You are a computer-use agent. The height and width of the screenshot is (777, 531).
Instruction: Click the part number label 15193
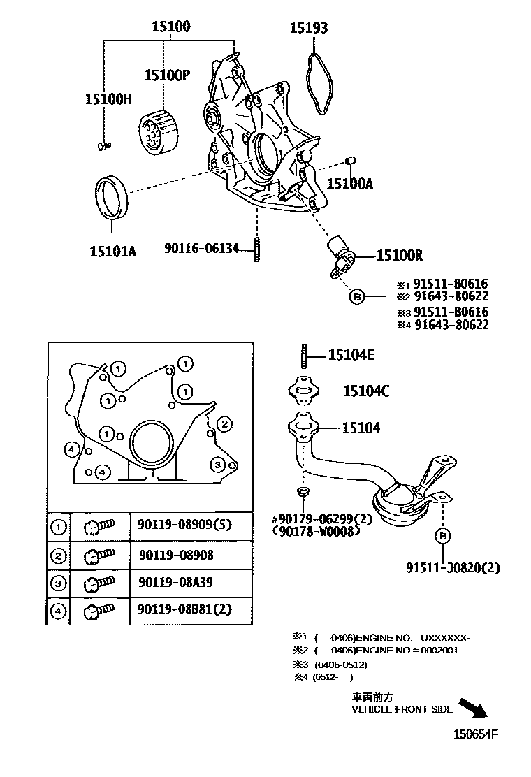[309, 28]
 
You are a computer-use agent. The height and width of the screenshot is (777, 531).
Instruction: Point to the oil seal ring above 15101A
[111, 198]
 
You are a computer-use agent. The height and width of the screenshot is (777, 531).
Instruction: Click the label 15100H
[108, 99]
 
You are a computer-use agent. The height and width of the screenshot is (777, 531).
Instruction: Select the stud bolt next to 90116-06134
[257, 249]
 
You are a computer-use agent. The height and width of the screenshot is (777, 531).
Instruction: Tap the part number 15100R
[400, 256]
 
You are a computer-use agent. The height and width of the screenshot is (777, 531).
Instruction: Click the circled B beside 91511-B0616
[357, 297]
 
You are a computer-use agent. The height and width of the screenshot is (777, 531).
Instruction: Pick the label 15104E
[351, 356]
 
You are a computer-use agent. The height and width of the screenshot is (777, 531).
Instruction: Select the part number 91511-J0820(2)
[453, 567]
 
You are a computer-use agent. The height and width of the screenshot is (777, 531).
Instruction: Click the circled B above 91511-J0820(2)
[442, 536]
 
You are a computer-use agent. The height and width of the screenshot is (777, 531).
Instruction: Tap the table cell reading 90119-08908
[176, 555]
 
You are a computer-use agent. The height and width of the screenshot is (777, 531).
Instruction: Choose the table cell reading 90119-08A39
[176, 583]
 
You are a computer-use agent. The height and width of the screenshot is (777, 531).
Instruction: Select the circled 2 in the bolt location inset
[224, 424]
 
